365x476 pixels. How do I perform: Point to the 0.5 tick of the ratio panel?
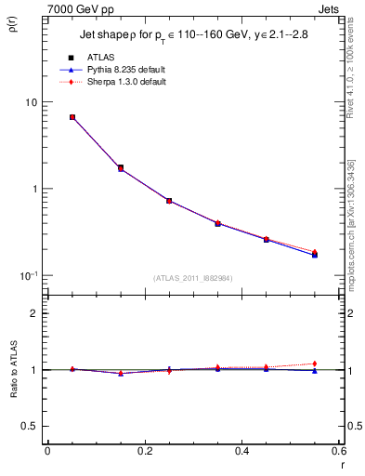tap(30, 426)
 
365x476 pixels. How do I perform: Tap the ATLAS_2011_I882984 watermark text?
tap(193, 278)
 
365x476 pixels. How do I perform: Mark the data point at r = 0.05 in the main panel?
tap(72, 117)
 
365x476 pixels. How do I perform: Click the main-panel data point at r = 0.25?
tap(169, 200)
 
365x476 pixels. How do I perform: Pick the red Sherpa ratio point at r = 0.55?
tap(314, 364)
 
